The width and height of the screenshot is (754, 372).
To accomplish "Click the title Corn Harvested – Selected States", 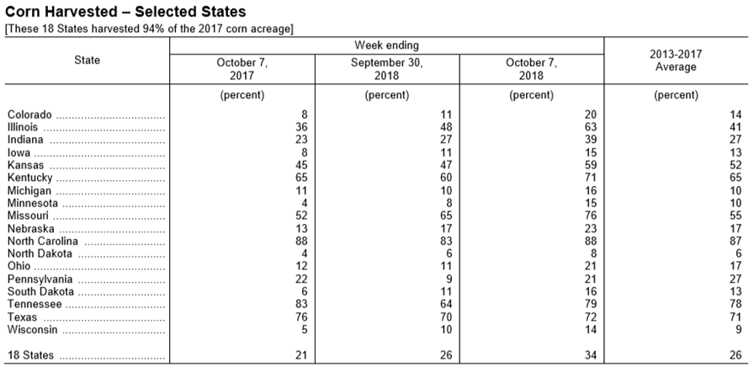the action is (x=125, y=12).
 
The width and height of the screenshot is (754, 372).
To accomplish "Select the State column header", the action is (x=87, y=60).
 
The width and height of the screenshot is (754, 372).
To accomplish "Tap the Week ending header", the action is (x=386, y=45).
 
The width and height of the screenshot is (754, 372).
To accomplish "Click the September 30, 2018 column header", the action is (x=386, y=69).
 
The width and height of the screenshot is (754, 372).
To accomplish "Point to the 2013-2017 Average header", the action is (x=676, y=61).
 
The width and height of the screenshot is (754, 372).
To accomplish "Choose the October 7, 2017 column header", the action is (x=242, y=69).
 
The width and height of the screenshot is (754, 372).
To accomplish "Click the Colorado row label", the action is (x=29, y=114).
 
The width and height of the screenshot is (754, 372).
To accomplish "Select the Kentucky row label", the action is (x=29, y=178).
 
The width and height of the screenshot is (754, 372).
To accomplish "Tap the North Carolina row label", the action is (x=42, y=242).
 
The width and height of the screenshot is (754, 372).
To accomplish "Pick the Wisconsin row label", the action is (x=32, y=330).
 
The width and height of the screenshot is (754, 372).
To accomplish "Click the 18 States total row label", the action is (x=30, y=356).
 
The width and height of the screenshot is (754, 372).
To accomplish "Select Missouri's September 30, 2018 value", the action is (x=446, y=215).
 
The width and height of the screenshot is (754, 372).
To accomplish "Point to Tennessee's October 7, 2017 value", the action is (x=301, y=304).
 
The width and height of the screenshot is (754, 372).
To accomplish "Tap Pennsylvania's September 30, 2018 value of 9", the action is (x=449, y=279).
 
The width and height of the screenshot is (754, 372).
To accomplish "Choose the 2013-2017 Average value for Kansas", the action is (x=735, y=165).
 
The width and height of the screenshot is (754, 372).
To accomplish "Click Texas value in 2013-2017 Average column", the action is (x=735, y=317).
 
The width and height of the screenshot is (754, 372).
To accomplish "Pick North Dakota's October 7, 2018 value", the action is (x=593, y=254).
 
